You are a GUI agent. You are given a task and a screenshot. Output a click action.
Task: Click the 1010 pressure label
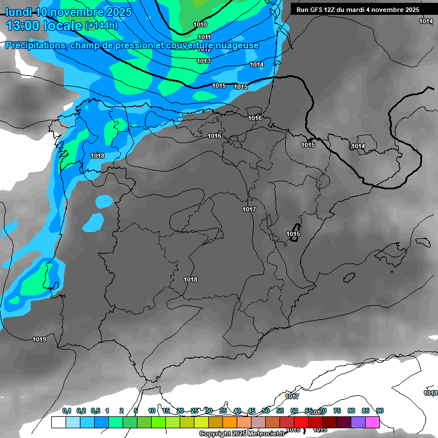point(200,25)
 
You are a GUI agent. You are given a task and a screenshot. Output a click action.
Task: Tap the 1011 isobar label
point(204,37)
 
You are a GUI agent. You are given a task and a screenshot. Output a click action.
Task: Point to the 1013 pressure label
point(204,61)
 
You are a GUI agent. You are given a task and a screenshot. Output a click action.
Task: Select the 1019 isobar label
point(39,339)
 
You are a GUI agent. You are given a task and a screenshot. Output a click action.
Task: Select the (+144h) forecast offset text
point(102,26)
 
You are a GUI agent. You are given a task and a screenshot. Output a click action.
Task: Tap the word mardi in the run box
point(367,10)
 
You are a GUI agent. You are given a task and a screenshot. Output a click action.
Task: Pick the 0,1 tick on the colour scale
point(67,411)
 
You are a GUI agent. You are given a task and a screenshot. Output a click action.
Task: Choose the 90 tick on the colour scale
point(380,411)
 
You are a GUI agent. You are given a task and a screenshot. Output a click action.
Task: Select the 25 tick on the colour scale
point(194,411)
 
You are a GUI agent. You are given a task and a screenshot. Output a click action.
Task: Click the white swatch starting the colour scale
point(58,423)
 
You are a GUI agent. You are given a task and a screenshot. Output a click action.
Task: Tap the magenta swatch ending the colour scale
point(372,423)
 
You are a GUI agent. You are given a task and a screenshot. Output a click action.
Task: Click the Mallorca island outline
point(394,251)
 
